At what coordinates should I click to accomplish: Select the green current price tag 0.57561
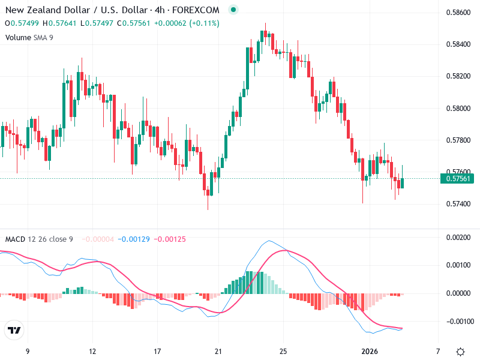[x=457, y=178]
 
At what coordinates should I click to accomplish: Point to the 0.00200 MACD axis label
[x=458, y=237]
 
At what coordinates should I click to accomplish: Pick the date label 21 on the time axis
[x=218, y=351]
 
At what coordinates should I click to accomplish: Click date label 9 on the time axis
[x=27, y=351]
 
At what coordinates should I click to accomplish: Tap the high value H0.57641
[x=61, y=23]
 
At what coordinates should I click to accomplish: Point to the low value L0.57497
[x=97, y=23]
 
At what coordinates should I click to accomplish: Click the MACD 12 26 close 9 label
[x=39, y=239]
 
